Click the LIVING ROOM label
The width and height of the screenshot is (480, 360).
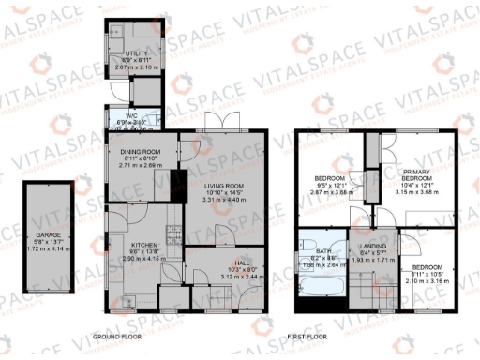click(x=222, y=185)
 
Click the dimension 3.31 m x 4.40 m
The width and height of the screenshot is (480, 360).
click(x=222, y=200)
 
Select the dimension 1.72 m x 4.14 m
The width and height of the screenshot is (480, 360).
click(x=45, y=249)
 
